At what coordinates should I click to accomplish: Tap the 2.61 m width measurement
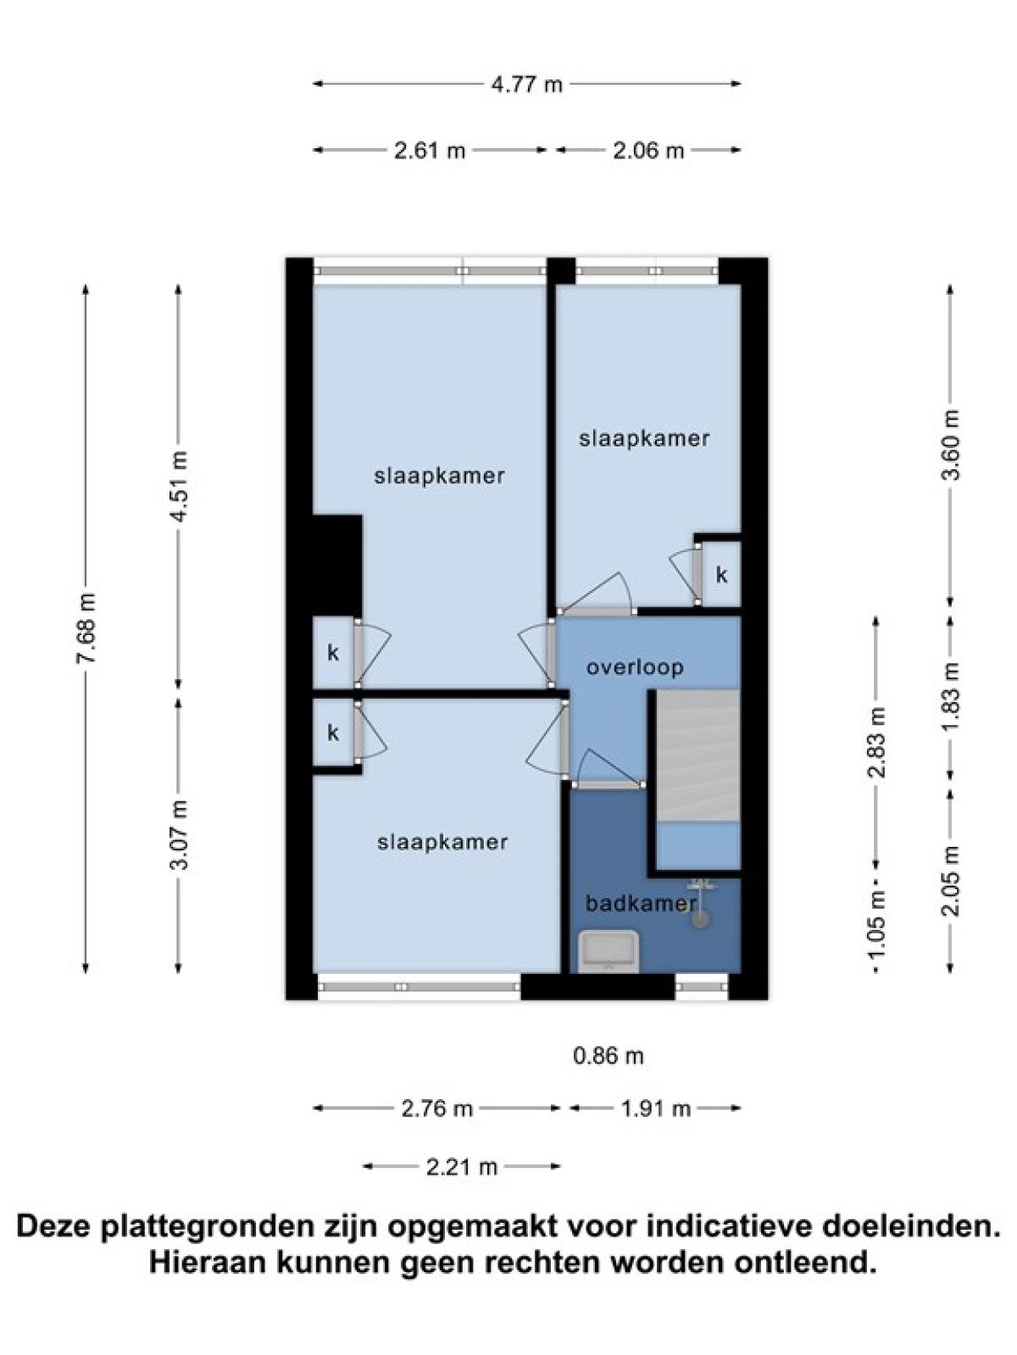point(430,150)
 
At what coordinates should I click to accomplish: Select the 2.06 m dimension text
point(648,150)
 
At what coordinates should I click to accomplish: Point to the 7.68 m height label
point(86,628)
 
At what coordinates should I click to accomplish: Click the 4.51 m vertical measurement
point(179,486)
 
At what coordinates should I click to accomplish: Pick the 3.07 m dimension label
point(179,835)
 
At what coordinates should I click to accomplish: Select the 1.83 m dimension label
point(951,696)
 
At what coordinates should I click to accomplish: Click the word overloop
point(635,667)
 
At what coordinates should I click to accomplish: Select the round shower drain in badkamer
point(700,919)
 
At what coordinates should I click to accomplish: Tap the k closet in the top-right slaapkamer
point(721,575)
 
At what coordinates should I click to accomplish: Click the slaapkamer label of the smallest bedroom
point(644,439)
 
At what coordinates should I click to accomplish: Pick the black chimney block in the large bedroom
point(337,565)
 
